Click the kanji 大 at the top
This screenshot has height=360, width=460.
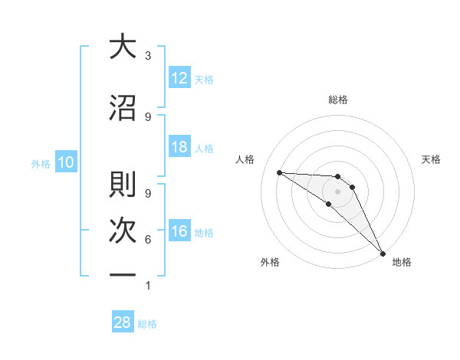coord(122,47)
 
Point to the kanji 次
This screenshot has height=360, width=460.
coord(122,227)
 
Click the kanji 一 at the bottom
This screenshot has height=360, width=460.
coord(122,273)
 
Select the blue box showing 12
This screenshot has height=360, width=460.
coord(179,78)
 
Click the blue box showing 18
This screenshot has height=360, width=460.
coord(179,147)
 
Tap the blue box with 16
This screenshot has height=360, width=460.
coord(179,232)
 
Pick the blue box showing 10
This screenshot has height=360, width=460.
coord(65,162)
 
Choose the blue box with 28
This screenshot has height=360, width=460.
coord(123,322)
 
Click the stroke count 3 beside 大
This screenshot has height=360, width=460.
coord(147,56)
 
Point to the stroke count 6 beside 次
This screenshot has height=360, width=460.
coord(147,240)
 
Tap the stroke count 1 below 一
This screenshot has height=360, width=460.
coord(147,286)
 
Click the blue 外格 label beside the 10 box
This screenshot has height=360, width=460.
coord(41,163)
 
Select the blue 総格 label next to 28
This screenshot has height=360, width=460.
coord(147,323)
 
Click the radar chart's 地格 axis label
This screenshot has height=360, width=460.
coord(402,262)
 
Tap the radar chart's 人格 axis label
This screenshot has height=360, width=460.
coord(245,159)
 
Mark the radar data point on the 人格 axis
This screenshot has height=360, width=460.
coord(279,172)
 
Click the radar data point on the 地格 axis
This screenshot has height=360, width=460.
coord(382,252)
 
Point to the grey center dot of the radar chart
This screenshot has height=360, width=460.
coord(337,191)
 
